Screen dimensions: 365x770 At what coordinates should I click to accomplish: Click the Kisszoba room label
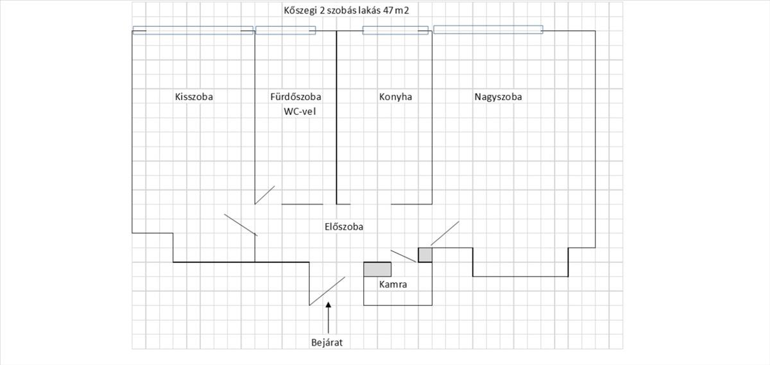[x=194, y=98]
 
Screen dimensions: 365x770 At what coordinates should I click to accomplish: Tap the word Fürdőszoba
[x=296, y=98]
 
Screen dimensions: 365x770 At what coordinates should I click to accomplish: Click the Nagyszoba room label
[x=498, y=98]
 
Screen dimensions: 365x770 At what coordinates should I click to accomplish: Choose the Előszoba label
[x=344, y=226]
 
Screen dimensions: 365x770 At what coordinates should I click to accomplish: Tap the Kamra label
[x=393, y=284]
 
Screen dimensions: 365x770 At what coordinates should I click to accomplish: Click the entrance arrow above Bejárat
[x=329, y=317]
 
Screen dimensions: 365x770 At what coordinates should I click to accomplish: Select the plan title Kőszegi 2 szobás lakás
[x=331, y=11]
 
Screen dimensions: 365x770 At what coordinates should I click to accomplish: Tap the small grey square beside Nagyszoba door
[x=425, y=255]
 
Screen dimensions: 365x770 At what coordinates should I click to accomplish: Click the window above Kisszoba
[x=193, y=30]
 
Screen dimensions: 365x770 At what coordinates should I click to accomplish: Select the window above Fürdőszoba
[x=286, y=30]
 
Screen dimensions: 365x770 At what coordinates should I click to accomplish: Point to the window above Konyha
[x=395, y=30]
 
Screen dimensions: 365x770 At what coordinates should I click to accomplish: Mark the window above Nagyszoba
[x=488, y=30]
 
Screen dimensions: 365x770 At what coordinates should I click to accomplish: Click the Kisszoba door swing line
[x=241, y=225]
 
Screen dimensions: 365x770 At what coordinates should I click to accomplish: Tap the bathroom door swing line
[x=265, y=195]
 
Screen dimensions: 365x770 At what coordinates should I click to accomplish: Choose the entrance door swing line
[x=327, y=291]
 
